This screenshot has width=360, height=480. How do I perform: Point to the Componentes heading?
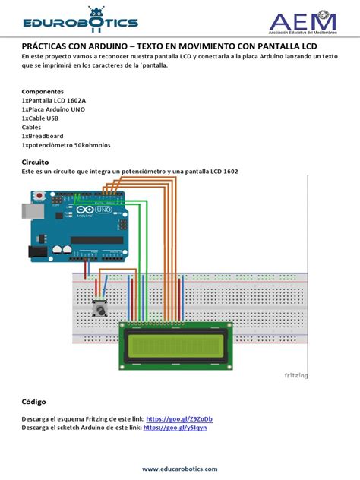(x=46, y=91)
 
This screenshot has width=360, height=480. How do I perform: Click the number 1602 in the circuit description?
(x=228, y=172)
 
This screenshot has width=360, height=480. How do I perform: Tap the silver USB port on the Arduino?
(x=33, y=211)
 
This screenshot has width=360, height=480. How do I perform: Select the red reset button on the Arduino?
(x=39, y=195)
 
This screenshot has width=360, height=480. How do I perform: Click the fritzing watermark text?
(x=295, y=375)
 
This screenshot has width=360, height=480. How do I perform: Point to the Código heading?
(x=34, y=401)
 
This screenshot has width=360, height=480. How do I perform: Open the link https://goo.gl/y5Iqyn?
(x=175, y=428)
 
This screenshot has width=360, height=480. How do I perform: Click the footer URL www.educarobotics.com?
(x=179, y=469)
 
